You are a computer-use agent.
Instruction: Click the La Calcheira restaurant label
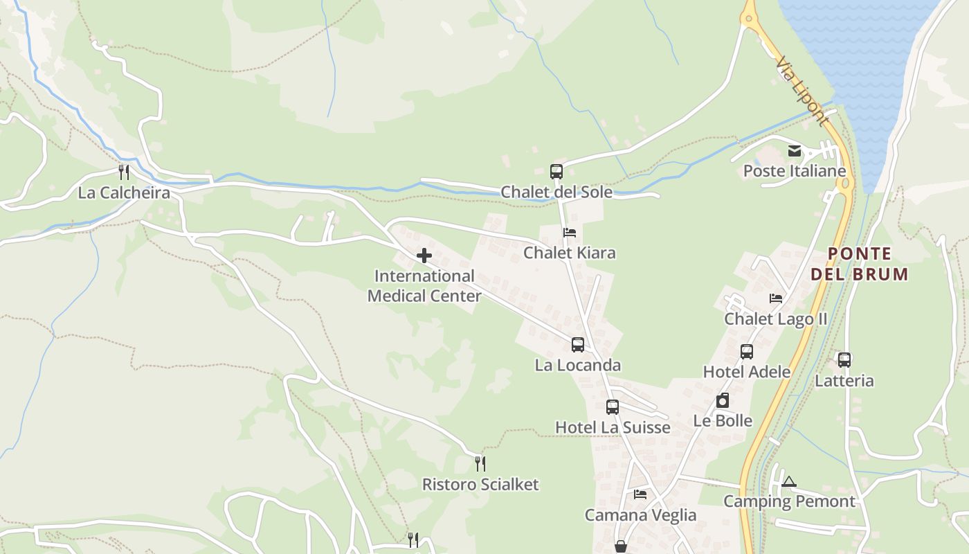[124, 193]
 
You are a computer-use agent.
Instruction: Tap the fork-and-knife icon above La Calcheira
[124, 172]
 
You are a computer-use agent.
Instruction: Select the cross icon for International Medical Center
[424, 256]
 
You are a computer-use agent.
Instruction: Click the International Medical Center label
[424, 286]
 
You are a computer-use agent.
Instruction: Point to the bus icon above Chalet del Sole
[556, 172]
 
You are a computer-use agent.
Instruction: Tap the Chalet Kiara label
[569, 253]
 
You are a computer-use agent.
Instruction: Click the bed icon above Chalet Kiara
[570, 233]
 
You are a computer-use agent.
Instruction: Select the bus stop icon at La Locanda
[578, 344]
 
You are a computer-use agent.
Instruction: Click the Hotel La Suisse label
[613, 427]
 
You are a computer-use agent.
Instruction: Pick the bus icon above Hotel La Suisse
[613, 407]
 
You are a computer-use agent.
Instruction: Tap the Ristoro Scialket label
[480, 484]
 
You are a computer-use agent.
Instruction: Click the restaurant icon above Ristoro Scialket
[480, 463]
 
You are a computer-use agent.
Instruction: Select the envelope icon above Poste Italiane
[795, 150]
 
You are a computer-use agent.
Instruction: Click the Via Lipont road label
[802, 91]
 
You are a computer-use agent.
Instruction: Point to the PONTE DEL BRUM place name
[859, 264]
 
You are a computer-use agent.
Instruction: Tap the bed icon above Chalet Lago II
[776, 298]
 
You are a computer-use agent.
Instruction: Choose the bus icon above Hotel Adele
[747, 352]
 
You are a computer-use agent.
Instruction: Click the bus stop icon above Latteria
[844, 360]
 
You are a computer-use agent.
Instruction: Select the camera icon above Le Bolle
[723, 400]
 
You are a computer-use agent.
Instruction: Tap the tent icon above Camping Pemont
[789, 481]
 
